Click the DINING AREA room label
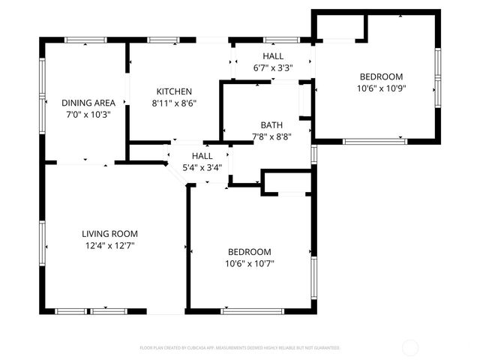click(88, 103)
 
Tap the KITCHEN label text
click(174, 91)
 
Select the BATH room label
click(271, 125)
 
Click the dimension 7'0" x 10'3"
click(88, 115)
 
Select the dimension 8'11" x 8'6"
click(174, 103)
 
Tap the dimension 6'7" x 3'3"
click(273, 68)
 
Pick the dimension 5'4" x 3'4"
click(202, 168)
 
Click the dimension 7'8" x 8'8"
click(271, 137)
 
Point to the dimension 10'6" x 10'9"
click(381, 88)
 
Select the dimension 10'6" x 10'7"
click(250, 263)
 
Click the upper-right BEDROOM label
click(381, 76)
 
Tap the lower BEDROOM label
click(250, 251)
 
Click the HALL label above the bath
click(273, 56)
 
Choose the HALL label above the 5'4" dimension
click(202, 156)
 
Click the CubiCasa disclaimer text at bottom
click(240, 348)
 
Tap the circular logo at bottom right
click(411, 348)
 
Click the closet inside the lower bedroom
click(286, 183)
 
